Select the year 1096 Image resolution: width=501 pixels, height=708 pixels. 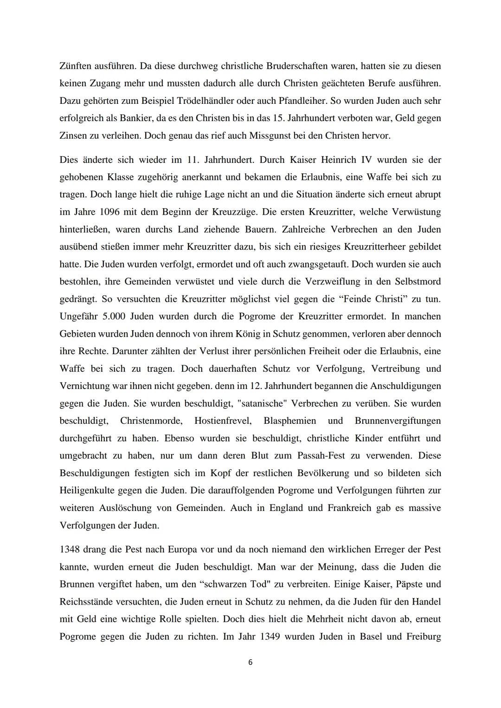click(x=97, y=212)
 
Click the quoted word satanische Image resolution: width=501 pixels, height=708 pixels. click(x=266, y=403)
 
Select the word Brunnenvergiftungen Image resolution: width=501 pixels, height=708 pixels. click(x=398, y=421)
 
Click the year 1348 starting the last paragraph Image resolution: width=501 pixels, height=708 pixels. click(x=70, y=549)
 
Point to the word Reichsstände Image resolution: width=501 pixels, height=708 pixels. click(x=88, y=601)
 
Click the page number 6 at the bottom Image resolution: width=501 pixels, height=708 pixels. click(x=250, y=663)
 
